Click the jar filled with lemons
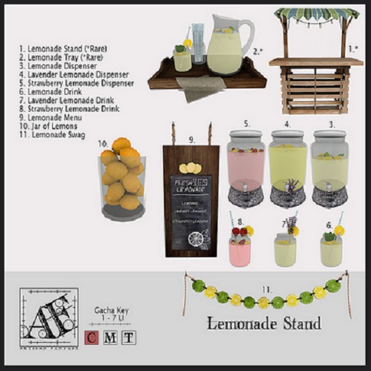pyautogui.click(x=121, y=175)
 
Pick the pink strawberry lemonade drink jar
pyautogui.click(x=240, y=247)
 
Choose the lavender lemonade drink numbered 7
pyautogui.click(x=285, y=247)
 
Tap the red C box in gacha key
pyautogui.click(x=90, y=337)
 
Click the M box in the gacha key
pyautogui.click(x=109, y=337)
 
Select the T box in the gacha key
pyautogui.click(x=127, y=337)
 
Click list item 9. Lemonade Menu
pyautogui.click(x=50, y=117)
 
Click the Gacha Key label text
pyautogui.click(x=112, y=310)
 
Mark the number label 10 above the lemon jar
pyautogui.click(x=102, y=142)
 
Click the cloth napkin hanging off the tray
pyautogui.click(x=200, y=89)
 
